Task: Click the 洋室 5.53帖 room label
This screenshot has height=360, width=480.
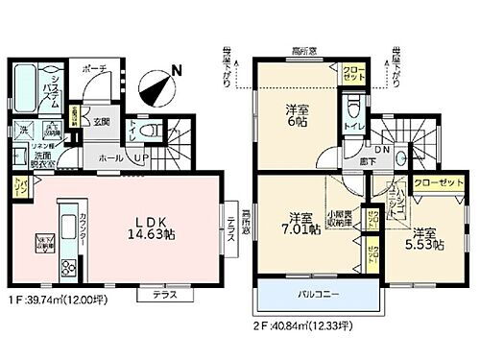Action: (x=429, y=238)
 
